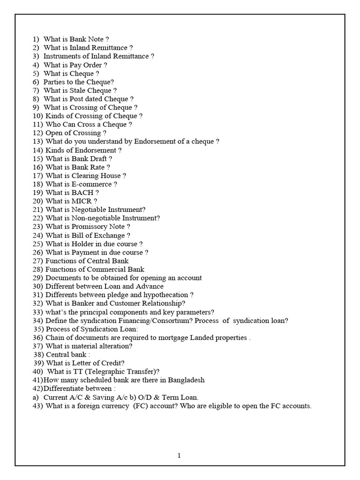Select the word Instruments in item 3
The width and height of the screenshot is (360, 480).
[62, 56]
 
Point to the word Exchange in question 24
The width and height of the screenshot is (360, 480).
[112, 235]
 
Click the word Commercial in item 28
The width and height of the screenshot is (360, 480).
[101, 270]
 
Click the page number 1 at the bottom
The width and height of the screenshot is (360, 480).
[179, 456]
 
